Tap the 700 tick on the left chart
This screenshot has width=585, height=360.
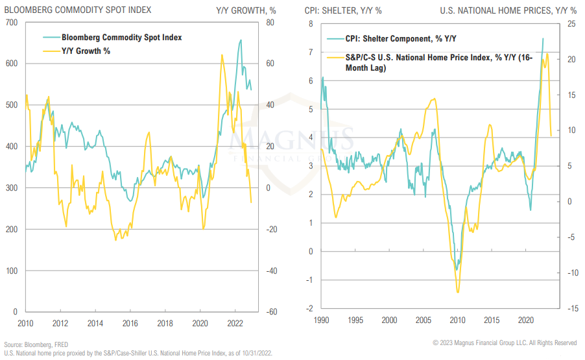[x=12, y=23]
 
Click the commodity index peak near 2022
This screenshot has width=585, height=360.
[x=241, y=40]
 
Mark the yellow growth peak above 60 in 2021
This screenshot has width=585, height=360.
[x=222, y=55]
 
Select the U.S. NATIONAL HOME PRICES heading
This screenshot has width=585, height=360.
[x=508, y=11]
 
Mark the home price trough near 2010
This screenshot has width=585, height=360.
[x=458, y=293]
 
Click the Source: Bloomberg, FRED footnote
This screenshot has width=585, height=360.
[x=36, y=344]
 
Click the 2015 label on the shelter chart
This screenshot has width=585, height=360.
[x=491, y=320]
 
